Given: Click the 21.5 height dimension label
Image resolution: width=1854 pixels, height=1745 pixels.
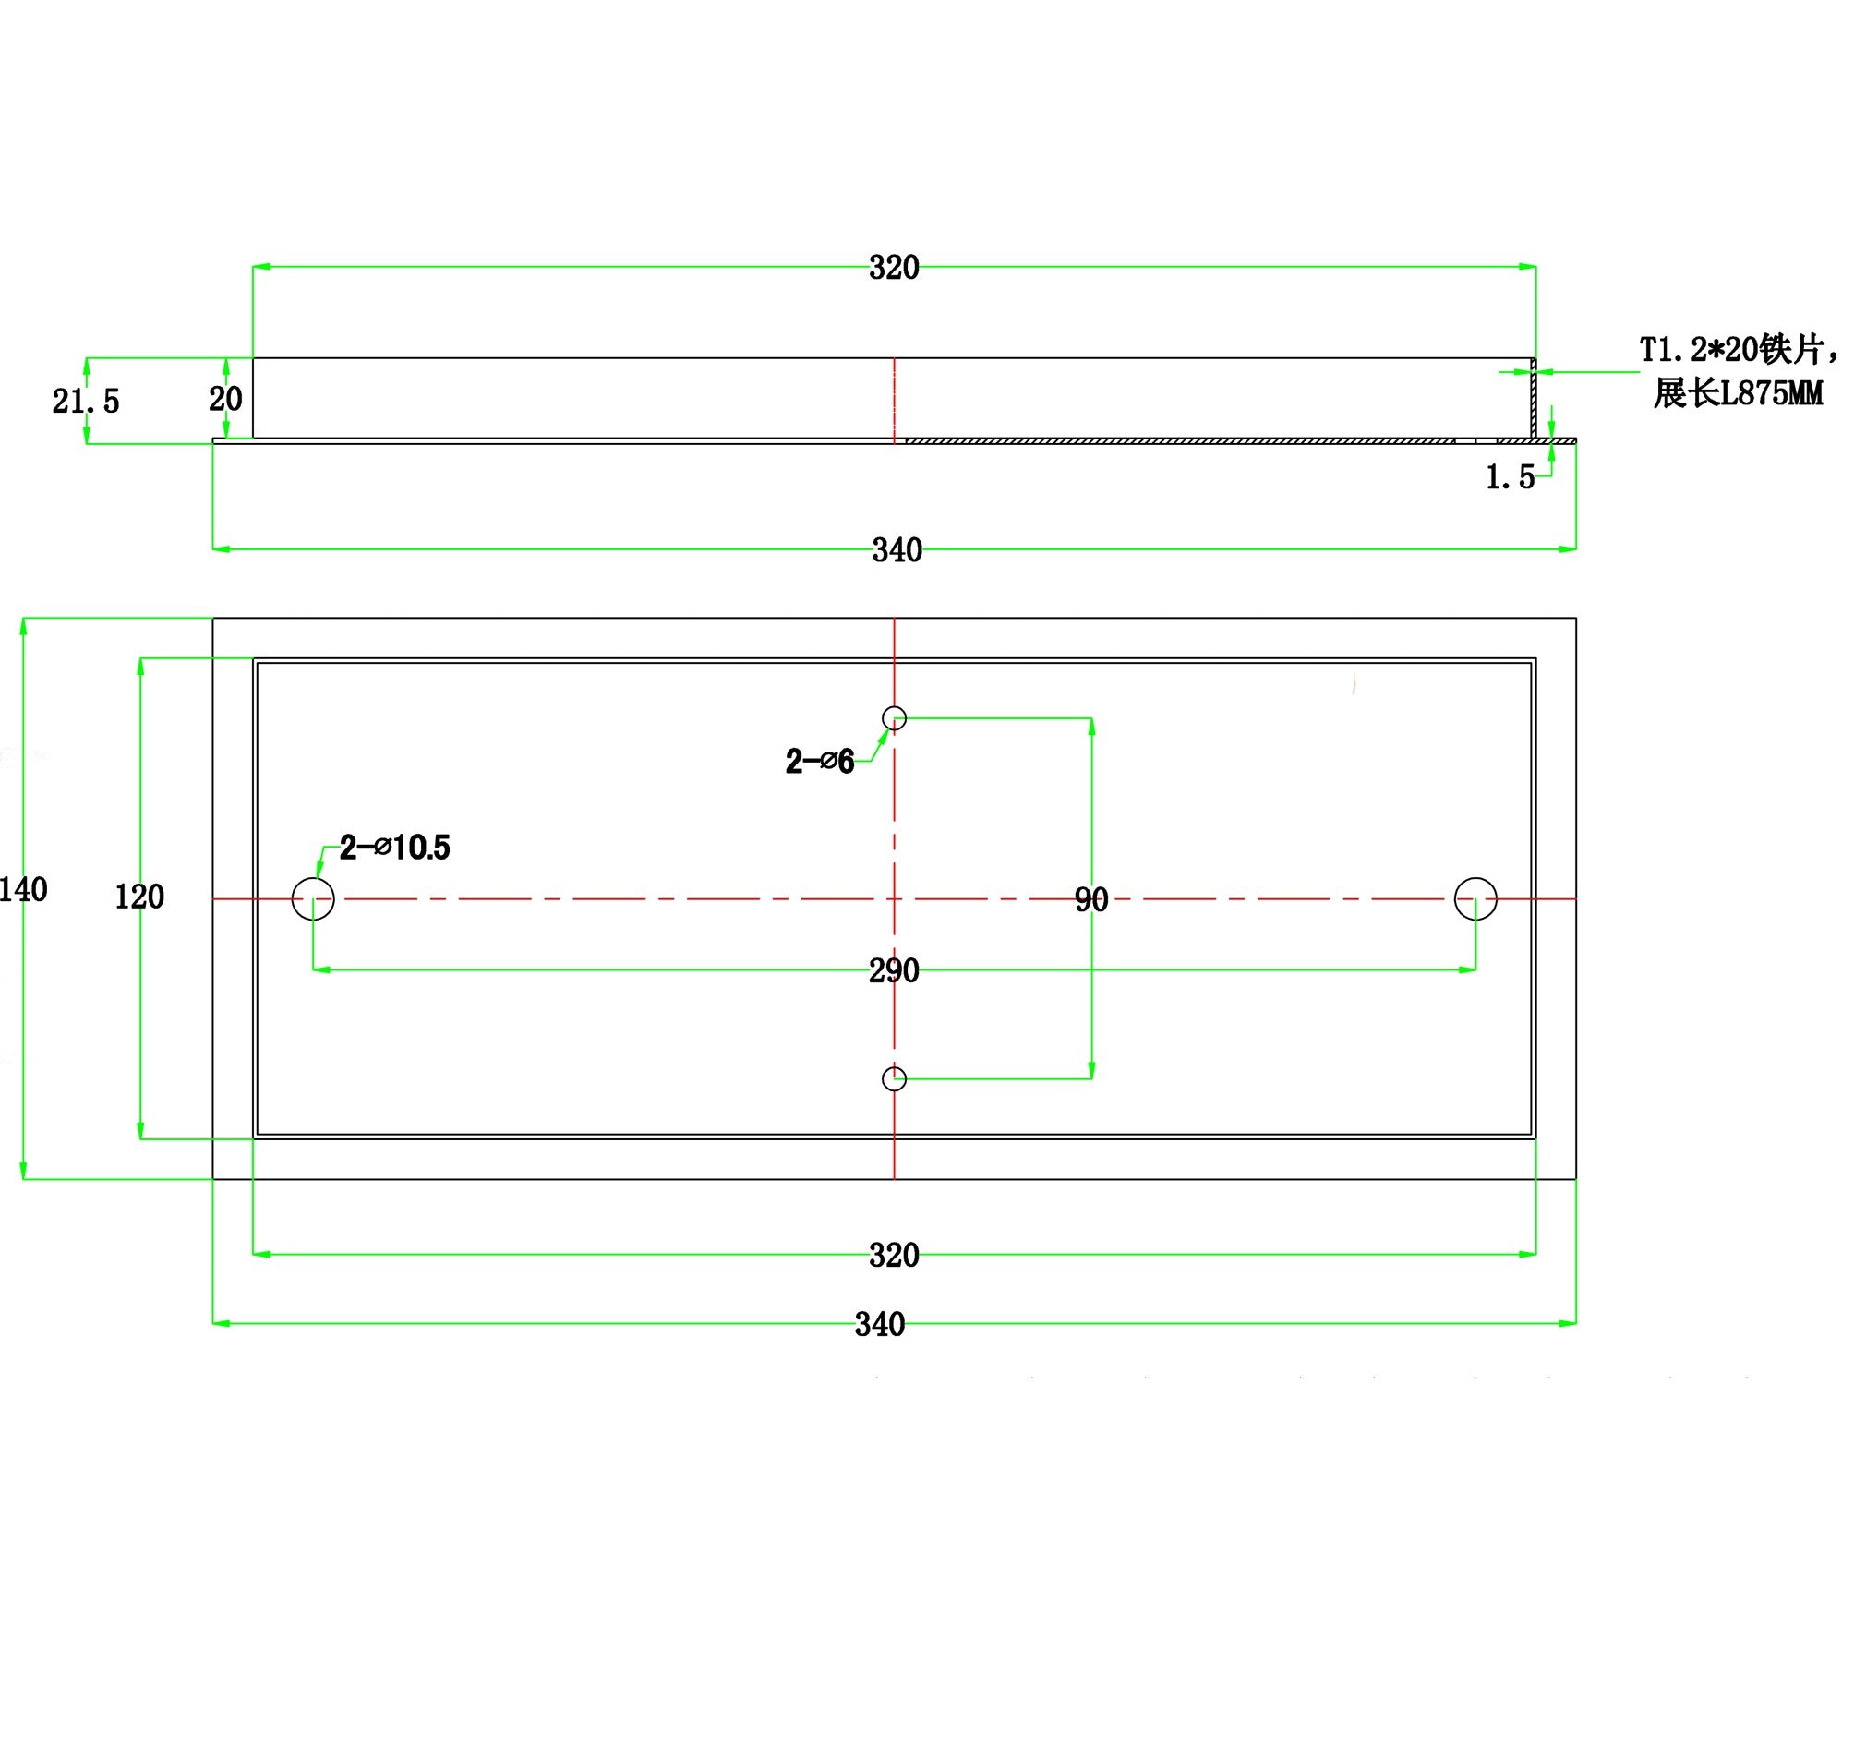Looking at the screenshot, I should [86, 401].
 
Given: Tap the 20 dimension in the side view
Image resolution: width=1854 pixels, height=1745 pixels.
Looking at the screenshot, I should [225, 398].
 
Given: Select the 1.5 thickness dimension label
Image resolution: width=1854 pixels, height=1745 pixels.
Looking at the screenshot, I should [1510, 477].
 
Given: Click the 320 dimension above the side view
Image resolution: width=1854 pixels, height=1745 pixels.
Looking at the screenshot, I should [894, 268].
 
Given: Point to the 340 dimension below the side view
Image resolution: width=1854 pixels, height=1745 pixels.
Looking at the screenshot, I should [897, 550].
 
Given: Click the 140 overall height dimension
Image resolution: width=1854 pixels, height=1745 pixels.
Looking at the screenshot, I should [23, 890].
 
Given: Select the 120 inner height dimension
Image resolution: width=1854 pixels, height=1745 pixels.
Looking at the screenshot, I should [138, 897].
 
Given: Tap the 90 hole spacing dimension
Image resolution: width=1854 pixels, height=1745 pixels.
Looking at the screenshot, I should [1091, 899].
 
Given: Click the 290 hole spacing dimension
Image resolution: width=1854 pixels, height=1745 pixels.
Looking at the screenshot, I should [894, 971].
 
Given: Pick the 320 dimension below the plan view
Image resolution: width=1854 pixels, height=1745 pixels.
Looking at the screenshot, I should [894, 1256].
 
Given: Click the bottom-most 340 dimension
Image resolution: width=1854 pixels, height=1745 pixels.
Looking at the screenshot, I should [879, 1324].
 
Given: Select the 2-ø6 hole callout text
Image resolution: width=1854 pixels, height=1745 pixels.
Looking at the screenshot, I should [820, 762].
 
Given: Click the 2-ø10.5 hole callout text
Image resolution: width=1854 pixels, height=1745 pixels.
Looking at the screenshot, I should [394, 848].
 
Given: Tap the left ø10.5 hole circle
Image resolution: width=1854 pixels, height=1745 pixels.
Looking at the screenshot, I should [313, 899].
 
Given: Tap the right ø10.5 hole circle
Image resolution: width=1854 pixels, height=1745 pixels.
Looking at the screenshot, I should [1475, 899].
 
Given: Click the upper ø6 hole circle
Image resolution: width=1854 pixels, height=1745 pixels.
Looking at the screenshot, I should [895, 718].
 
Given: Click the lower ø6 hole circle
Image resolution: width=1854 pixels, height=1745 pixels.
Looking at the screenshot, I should [895, 1079].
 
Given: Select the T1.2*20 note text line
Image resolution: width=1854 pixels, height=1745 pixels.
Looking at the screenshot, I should [1738, 351].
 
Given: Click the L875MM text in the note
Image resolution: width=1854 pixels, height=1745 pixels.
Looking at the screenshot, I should [1770, 393].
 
